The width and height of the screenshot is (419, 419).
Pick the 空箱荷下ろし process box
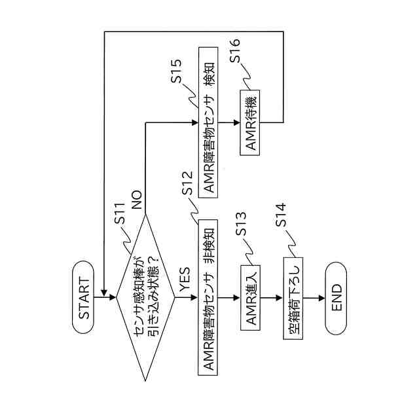point(294,297)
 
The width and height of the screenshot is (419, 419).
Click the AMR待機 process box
point(252,122)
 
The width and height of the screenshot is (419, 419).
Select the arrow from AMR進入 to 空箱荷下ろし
point(274,297)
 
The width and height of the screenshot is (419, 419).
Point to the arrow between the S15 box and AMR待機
point(229,121)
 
